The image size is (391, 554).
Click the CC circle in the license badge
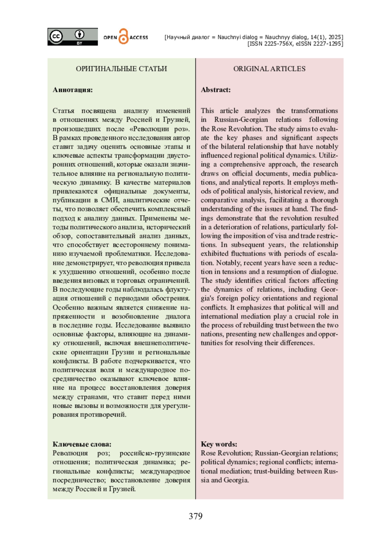tap(56, 36)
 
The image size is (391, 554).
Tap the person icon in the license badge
tap(79, 34)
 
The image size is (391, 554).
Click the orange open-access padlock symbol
tap(123, 36)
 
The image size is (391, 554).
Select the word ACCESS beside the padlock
tap(139, 38)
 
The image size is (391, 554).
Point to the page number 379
tap(195, 516)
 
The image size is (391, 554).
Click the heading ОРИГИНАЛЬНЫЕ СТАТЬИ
tap(121, 69)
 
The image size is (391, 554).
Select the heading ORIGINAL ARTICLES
tap(269, 69)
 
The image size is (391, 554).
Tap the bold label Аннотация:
tap(73, 90)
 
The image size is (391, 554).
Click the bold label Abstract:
tap(216, 90)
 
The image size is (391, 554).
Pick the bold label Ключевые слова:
tap(82, 444)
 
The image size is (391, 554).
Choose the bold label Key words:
tap(219, 444)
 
